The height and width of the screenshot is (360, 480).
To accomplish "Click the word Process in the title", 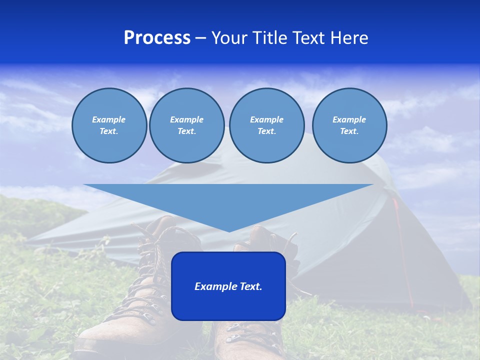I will tap(157, 38).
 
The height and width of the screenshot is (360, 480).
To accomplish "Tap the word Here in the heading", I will tap(348, 38).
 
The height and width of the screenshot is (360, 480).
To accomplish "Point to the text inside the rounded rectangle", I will tap(228, 286).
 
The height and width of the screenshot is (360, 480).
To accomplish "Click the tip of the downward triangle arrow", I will tap(229, 231).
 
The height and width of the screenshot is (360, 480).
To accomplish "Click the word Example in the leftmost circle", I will tap(109, 119).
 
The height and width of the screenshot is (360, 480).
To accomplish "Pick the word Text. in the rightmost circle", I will tap(349, 131).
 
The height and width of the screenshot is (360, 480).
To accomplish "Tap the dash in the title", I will tap(200, 38).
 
